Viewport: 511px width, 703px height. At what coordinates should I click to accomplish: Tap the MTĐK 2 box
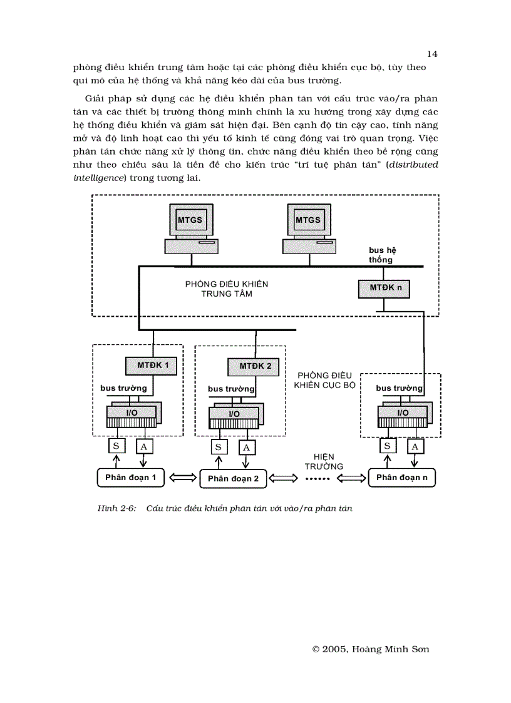[255, 366]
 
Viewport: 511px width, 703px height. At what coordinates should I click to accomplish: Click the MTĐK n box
[384, 288]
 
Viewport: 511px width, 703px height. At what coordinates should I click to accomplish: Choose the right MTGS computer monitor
[308, 220]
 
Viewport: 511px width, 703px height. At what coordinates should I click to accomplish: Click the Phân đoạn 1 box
[130, 478]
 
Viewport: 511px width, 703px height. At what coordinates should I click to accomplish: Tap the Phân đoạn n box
[401, 478]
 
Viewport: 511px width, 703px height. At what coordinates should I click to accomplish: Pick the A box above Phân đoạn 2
[246, 447]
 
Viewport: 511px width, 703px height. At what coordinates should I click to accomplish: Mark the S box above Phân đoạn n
[388, 446]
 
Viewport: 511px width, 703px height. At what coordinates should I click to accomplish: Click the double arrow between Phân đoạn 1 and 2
[182, 478]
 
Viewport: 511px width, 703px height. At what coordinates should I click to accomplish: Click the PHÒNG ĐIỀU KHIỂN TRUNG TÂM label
[226, 289]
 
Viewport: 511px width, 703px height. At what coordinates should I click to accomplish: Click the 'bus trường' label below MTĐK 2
[231, 389]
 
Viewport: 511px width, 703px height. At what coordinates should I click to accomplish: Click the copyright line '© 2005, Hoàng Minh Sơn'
[371, 649]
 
